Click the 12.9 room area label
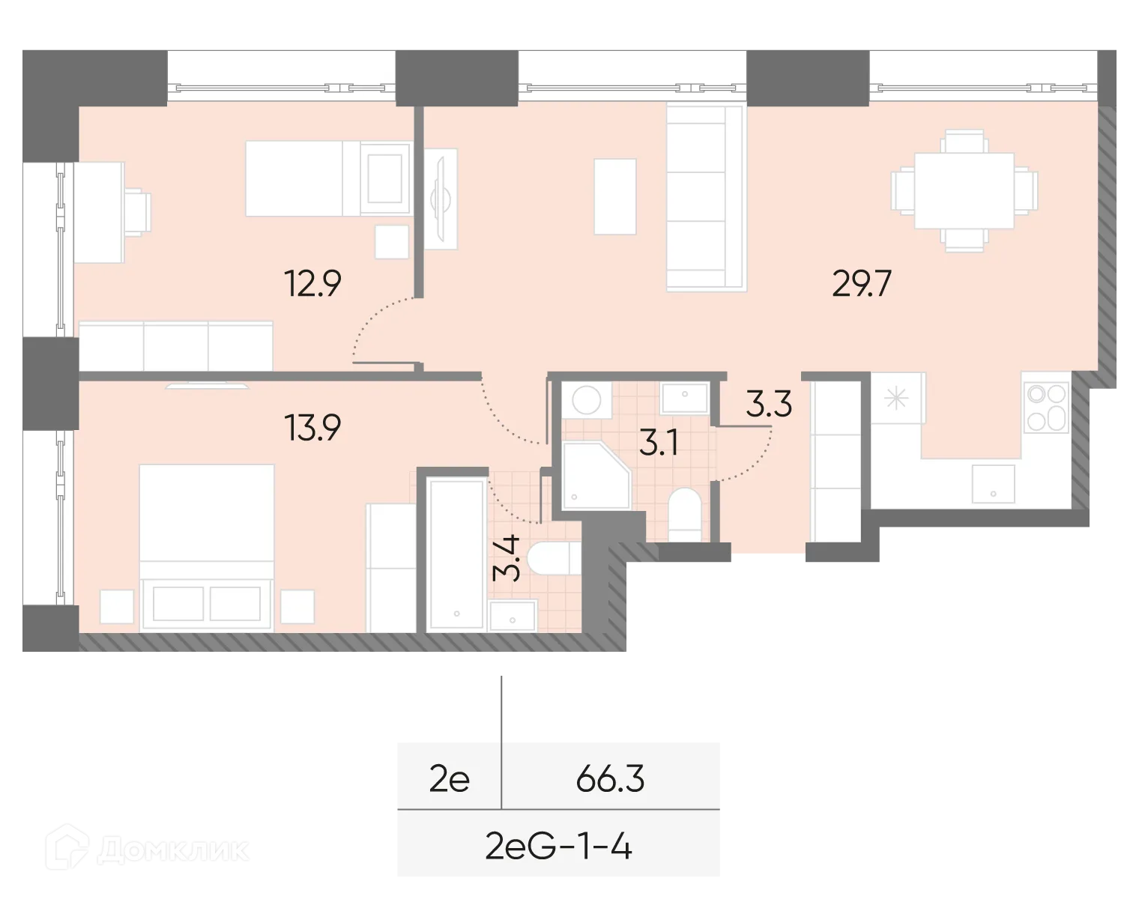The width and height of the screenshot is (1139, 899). (x=313, y=284)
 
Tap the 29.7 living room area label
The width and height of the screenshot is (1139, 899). (x=862, y=285)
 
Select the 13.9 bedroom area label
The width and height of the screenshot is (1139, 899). (x=313, y=429)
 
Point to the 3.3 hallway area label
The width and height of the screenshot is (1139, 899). (x=769, y=405)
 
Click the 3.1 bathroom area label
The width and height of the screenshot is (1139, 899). (x=659, y=444)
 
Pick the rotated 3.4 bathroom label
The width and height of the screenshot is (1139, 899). (x=508, y=559)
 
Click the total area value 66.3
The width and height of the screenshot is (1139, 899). (x=610, y=780)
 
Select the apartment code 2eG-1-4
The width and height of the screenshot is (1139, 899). (x=559, y=848)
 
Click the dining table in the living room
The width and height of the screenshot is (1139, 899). (x=964, y=190)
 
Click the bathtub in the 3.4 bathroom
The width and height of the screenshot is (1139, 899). (x=456, y=554)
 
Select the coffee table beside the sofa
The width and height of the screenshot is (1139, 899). (x=615, y=196)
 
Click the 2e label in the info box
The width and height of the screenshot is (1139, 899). (x=449, y=780)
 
